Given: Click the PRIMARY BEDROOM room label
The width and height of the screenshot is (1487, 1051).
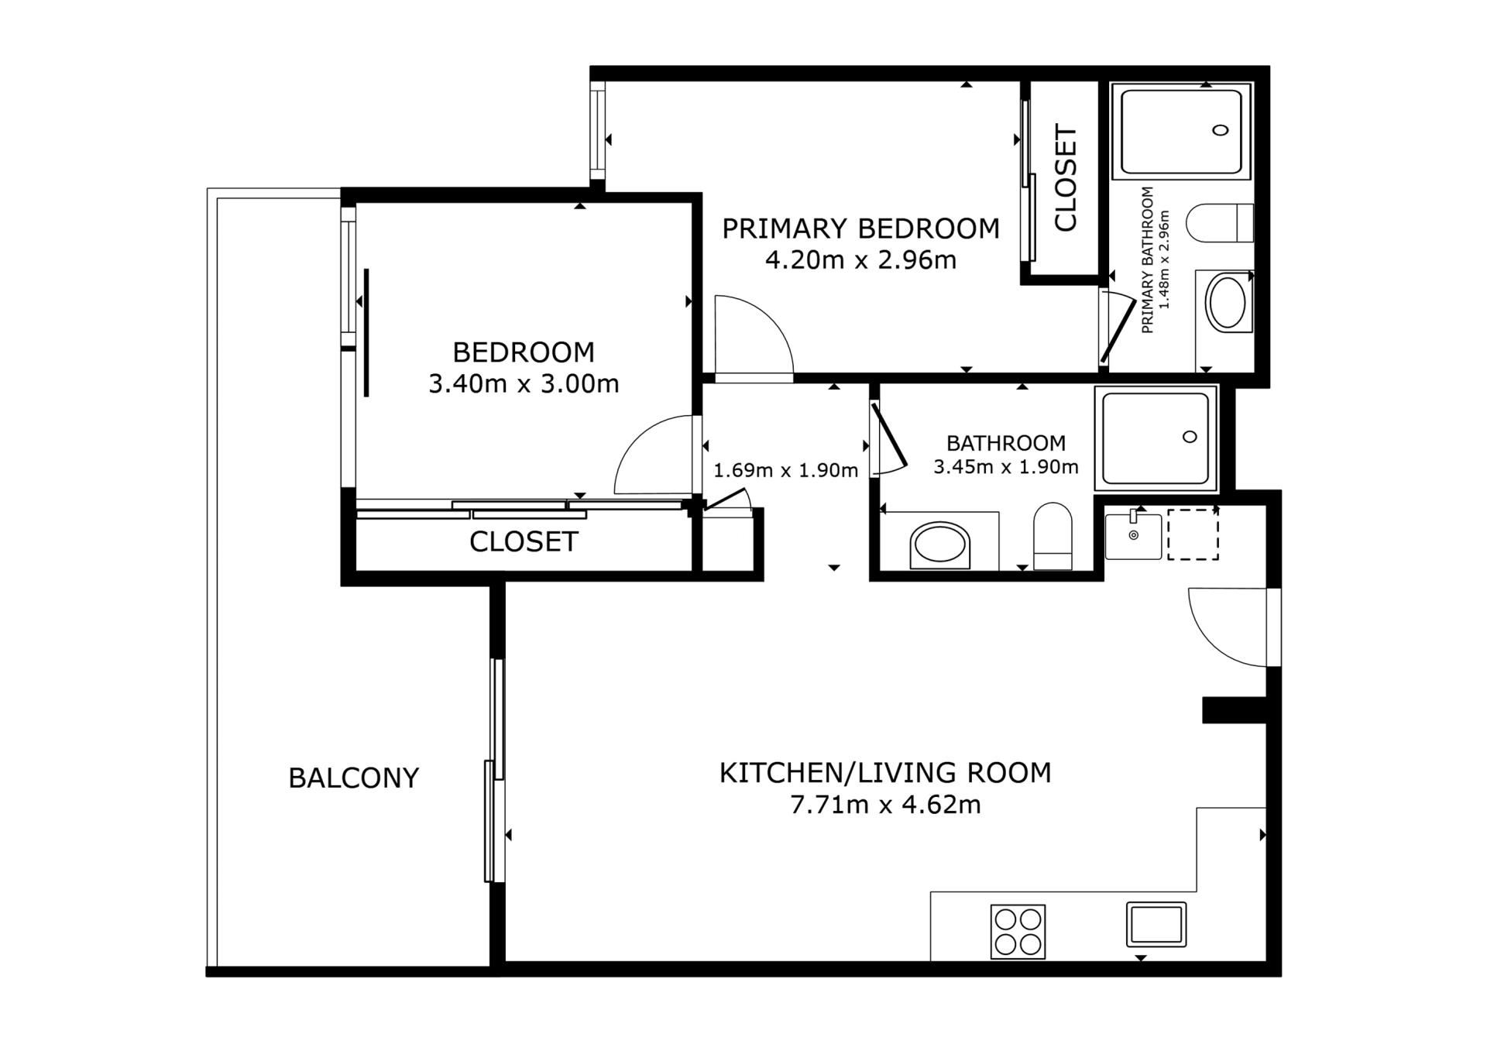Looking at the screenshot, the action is click(x=860, y=228).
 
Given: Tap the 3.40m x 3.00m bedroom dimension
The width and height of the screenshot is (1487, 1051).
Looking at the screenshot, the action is click(x=524, y=383).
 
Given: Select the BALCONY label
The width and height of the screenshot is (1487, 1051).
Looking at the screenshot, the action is click(x=353, y=778).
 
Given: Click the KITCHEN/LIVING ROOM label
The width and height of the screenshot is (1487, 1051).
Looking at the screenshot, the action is click(x=885, y=773).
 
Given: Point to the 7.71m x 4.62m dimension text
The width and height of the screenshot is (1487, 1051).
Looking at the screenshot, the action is click(x=885, y=805).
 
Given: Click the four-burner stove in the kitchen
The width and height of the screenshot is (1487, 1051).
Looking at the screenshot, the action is click(x=1018, y=932).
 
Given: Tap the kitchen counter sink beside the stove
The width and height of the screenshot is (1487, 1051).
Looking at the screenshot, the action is click(x=1156, y=924).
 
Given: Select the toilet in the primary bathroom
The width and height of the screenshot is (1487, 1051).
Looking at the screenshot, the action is click(x=1220, y=223).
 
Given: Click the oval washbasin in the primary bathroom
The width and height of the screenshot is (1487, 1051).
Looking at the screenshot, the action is click(x=1228, y=303).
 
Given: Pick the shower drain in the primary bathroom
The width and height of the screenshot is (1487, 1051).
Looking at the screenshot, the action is click(x=1221, y=130).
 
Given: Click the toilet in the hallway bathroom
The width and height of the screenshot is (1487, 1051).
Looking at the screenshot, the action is click(x=1053, y=536).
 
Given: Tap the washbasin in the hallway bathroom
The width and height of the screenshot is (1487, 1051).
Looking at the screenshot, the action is click(x=940, y=545).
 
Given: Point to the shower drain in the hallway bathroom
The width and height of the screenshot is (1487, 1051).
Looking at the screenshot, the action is click(x=1190, y=437).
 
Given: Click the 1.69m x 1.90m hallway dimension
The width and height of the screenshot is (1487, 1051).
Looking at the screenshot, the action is click(x=785, y=470).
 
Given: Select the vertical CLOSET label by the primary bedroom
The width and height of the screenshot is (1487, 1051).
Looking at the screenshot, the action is click(x=1066, y=178).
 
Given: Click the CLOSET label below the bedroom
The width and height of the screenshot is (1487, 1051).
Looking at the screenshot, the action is click(x=524, y=541).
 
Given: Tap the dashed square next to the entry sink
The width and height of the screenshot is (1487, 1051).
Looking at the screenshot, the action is click(x=1193, y=534).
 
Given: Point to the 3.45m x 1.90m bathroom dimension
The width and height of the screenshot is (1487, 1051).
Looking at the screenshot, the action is click(x=1006, y=467).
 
